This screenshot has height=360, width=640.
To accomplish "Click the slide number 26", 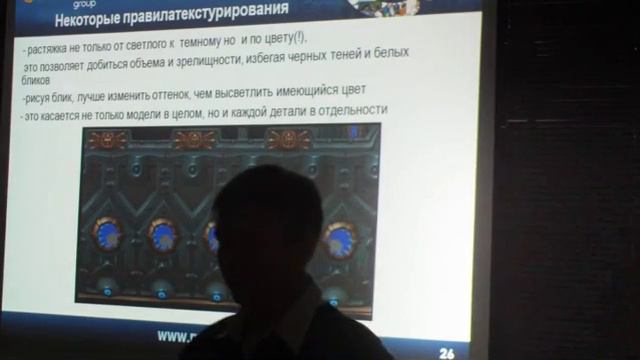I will pyautogui.click(x=447, y=352).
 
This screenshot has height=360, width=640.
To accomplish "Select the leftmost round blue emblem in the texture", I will pyautogui.click(x=106, y=234).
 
